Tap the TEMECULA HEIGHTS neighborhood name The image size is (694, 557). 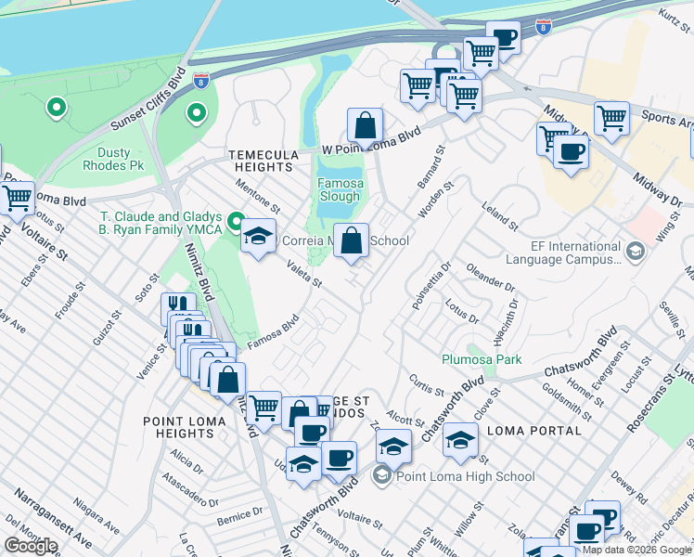tap(264, 161)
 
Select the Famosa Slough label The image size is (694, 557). tap(339, 189)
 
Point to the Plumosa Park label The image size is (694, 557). tap(481, 359)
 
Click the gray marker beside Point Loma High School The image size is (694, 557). tap(382, 476)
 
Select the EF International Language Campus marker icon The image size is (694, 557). tap(636, 251)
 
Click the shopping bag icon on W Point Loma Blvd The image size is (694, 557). tap(366, 124)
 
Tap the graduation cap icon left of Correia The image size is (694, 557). tap(259, 235)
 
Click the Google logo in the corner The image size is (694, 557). tap(31, 546)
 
